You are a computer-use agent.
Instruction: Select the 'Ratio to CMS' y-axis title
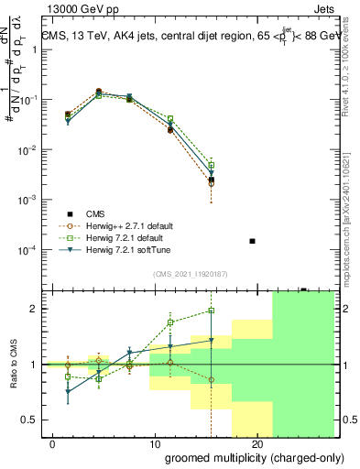[x=13, y=364]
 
